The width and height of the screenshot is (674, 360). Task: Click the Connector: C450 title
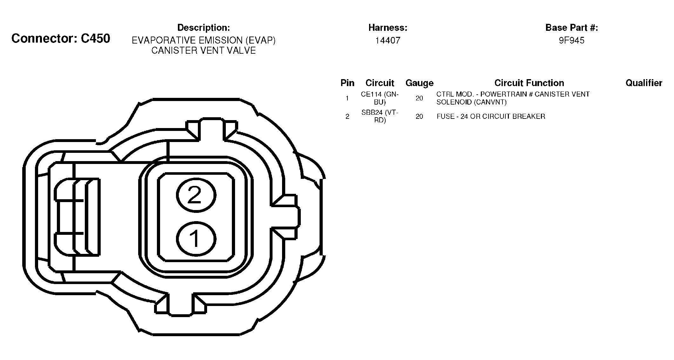click(x=61, y=38)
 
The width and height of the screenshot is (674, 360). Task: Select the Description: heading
click(x=204, y=28)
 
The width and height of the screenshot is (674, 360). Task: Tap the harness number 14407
click(x=388, y=40)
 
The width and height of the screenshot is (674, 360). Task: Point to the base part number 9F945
click(x=572, y=40)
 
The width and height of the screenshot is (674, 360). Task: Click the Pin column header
click(x=347, y=83)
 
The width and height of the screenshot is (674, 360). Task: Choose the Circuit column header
click(x=380, y=83)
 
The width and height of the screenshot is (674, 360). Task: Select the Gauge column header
click(x=420, y=83)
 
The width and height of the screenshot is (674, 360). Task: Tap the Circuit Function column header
click(x=529, y=83)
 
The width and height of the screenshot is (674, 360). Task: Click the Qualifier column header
click(x=644, y=83)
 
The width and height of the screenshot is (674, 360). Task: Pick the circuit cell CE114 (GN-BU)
click(x=380, y=98)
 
